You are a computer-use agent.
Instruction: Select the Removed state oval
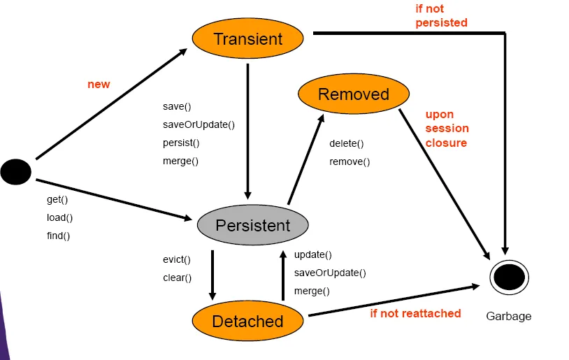(353, 94)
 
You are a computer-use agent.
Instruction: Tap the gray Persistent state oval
(252, 225)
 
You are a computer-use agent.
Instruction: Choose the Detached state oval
(247, 321)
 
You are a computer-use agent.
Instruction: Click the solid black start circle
(15, 171)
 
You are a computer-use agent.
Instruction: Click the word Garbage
(508, 316)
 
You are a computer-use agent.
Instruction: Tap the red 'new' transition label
(99, 84)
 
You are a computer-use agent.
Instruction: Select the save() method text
(177, 106)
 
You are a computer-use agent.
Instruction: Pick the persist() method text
(181, 143)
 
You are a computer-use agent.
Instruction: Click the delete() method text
(347, 143)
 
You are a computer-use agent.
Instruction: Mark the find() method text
(59, 236)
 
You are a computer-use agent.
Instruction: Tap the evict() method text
(177, 259)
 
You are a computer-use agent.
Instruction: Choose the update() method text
(313, 254)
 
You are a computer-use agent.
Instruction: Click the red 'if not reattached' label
(415, 313)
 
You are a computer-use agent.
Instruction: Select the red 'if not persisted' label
(441, 16)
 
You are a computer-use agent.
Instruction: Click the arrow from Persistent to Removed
(305, 161)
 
